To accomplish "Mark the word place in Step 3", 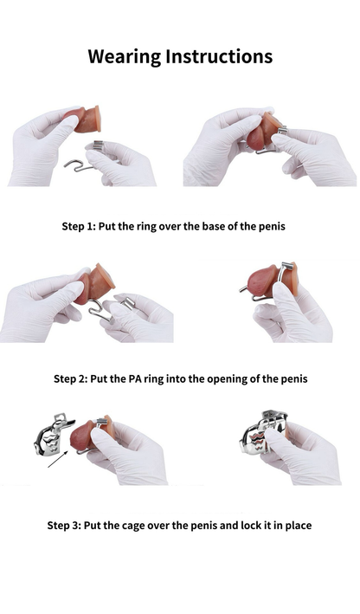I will click(x=295, y=525).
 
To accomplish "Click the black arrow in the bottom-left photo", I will click(x=59, y=458).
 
